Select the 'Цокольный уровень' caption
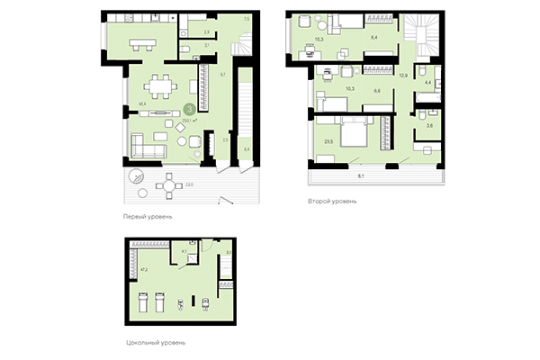[x=151, y=342]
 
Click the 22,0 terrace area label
[x=189, y=185]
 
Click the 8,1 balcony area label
[x=362, y=176]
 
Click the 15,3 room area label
[x=319, y=40]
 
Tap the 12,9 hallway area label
[x=404, y=76]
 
